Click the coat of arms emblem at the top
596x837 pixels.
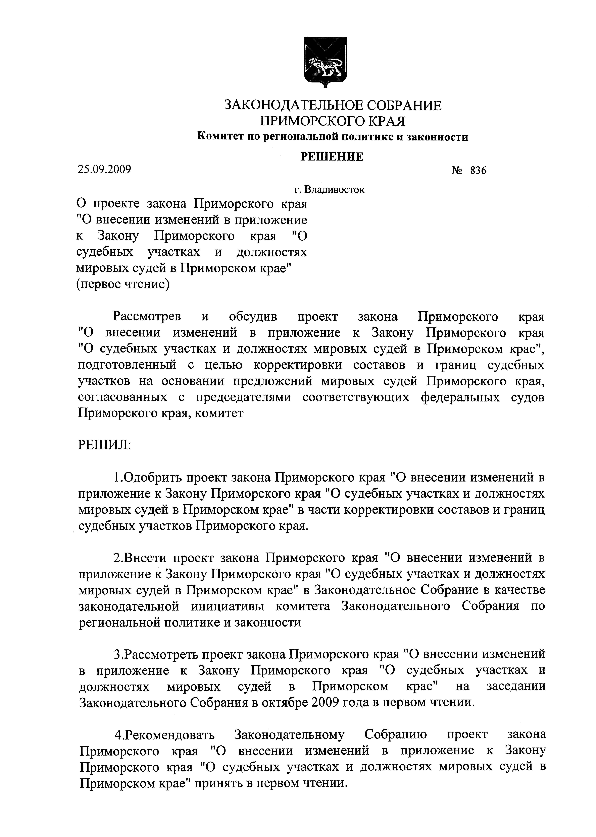point(325,62)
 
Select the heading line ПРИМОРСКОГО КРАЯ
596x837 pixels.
point(332,121)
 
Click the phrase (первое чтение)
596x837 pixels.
point(123,284)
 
